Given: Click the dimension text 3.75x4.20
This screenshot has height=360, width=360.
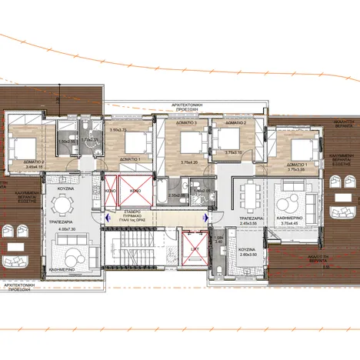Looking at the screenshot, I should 189,162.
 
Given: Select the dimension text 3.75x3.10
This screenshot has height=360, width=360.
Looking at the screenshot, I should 232,152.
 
